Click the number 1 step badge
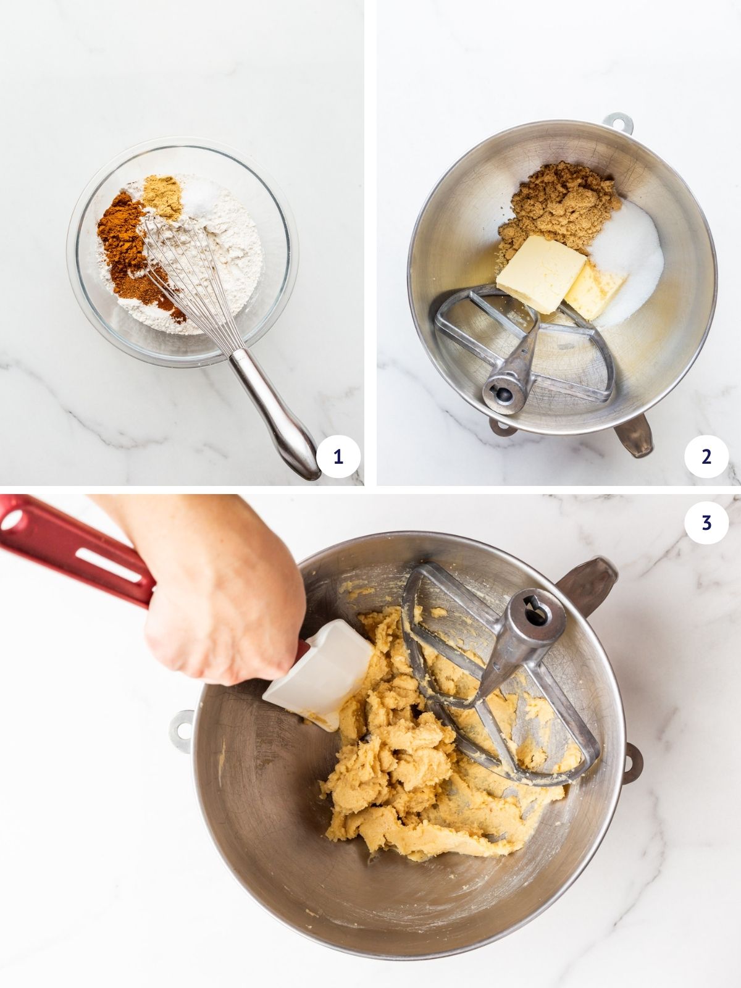tap(338, 457)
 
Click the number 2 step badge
tap(706, 457)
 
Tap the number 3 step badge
tap(706, 522)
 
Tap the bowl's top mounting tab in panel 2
tap(617, 123)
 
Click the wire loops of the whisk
tap(185, 278)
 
